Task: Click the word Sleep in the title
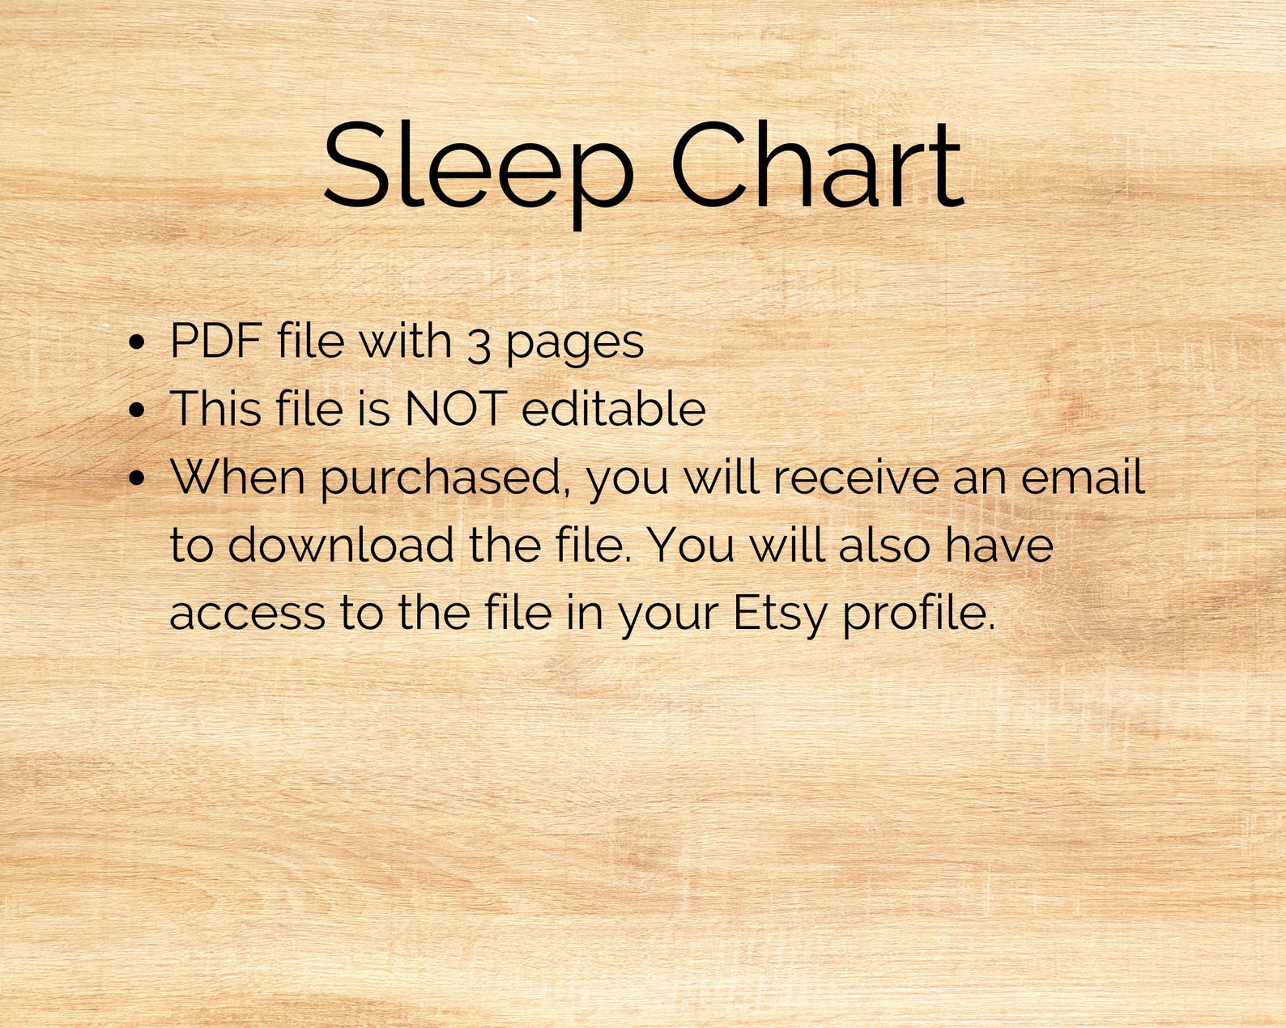(478, 166)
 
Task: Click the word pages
(575, 343)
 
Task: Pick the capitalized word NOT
(456, 408)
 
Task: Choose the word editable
(613, 408)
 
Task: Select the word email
(1083, 477)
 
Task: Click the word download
(340, 545)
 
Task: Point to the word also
(884, 545)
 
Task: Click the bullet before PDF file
(137, 342)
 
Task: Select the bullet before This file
(137, 410)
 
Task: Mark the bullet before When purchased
(137, 478)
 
